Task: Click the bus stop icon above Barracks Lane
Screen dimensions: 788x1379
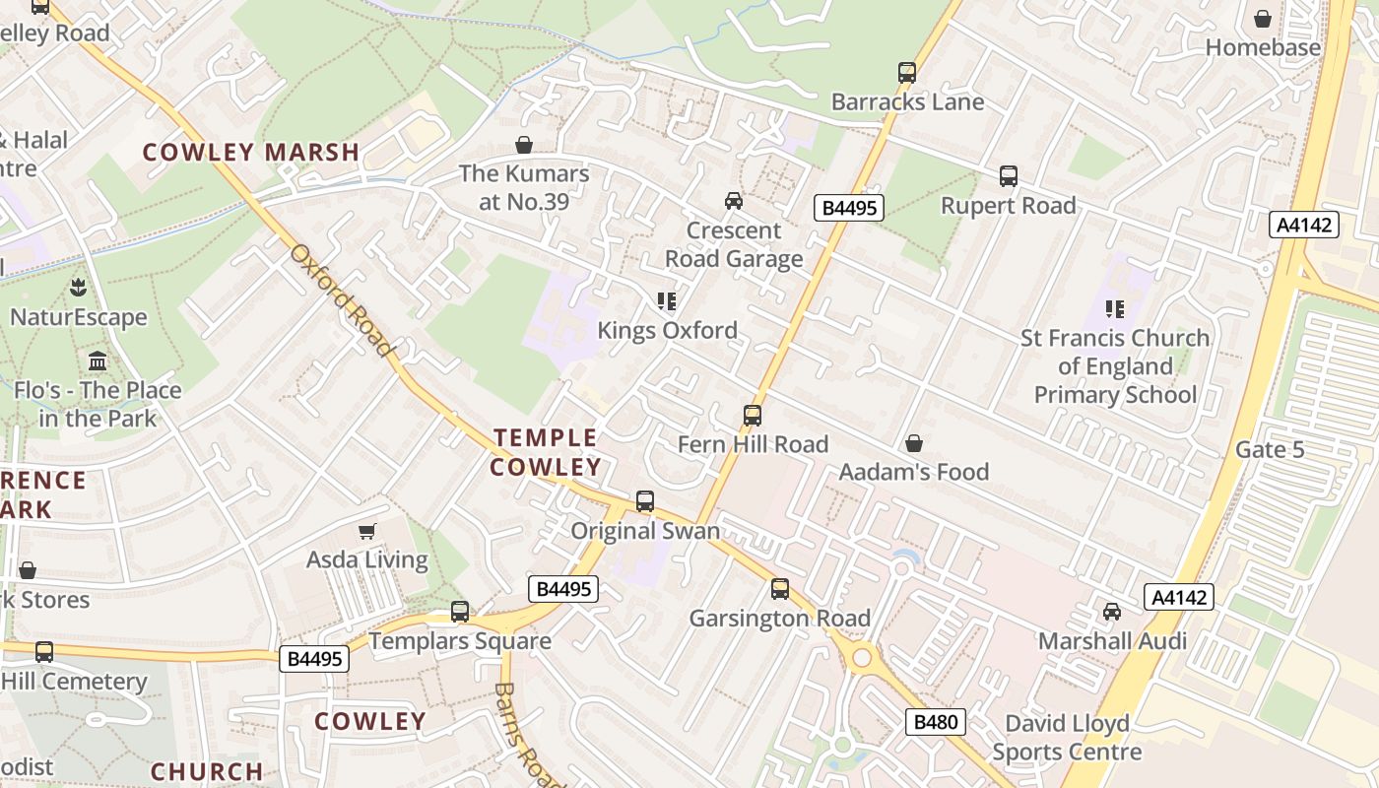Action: tap(907, 73)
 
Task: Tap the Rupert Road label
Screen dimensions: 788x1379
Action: tap(1008, 205)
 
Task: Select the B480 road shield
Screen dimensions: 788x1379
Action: tap(935, 722)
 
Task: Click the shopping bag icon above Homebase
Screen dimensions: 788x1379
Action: tap(1263, 19)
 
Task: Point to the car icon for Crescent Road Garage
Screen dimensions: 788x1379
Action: tap(734, 201)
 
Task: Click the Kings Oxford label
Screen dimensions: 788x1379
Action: tap(667, 330)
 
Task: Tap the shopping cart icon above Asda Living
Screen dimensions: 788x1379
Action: tap(367, 532)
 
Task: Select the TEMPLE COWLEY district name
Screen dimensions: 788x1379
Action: tap(546, 452)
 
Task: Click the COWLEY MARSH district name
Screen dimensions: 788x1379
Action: tap(251, 153)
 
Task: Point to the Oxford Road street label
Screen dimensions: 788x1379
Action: tap(343, 299)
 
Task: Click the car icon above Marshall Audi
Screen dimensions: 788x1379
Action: tap(1112, 612)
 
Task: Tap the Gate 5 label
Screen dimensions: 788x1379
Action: tap(1270, 450)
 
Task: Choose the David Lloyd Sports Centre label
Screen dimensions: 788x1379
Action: tap(1067, 738)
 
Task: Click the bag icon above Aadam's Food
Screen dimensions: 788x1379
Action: tap(914, 443)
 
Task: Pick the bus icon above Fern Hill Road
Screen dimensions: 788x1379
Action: tap(753, 416)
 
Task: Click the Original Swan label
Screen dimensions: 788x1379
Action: tap(645, 531)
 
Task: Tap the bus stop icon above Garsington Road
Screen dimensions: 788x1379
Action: tap(780, 589)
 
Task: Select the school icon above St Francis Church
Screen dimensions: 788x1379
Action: tap(1115, 309)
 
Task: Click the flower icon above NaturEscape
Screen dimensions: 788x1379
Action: tap(78, 288)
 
